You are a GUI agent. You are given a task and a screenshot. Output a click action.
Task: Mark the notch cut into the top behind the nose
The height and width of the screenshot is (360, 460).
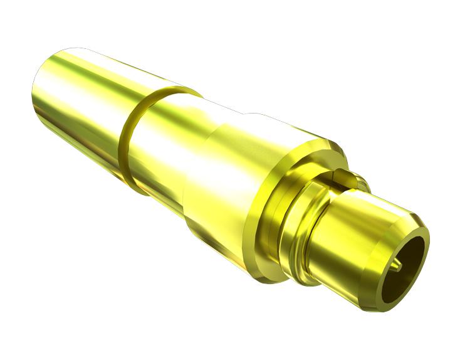(x=343, y=174)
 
